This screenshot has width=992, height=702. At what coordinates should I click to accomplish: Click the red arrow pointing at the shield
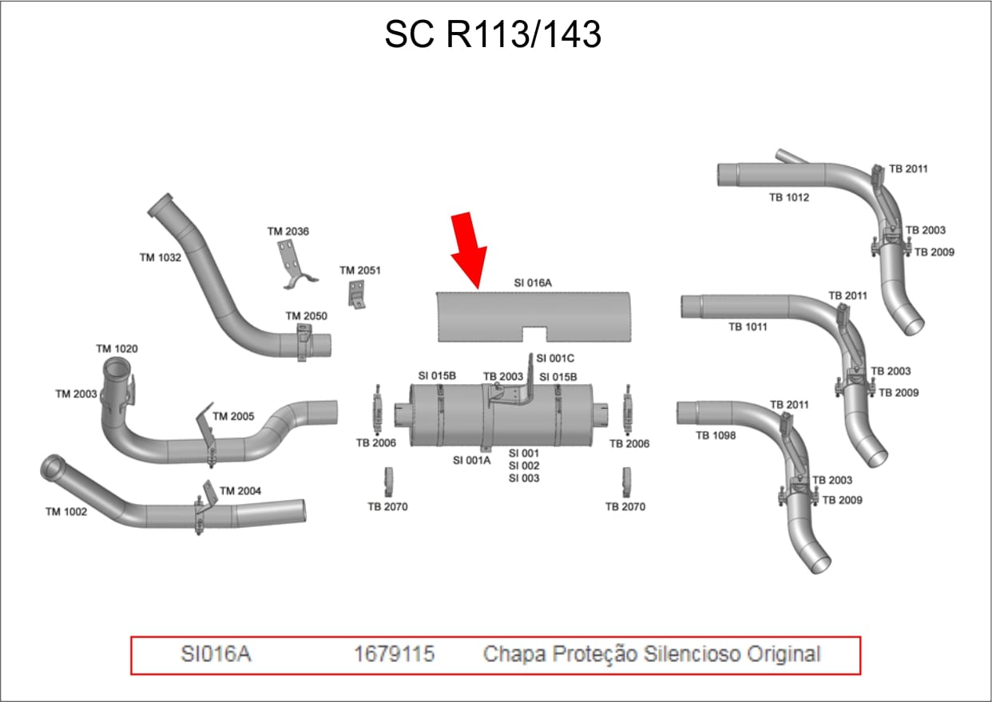[x=470, y=250]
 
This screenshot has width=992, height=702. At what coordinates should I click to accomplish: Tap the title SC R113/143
[x=493, y=34]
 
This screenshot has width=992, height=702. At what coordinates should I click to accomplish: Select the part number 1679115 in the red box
[x=394, y=654]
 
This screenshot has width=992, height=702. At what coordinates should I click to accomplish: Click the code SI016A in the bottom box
[x=216, y=654]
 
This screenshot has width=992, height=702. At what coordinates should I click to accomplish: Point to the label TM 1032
[x=161, y=257]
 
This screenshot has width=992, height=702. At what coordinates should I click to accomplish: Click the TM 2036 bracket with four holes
[x=295, y=264]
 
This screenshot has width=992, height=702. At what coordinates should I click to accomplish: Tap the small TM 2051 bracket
[x=356, y=294]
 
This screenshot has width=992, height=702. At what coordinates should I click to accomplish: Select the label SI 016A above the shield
[x=533, y=283]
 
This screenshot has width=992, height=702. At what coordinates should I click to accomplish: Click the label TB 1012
[x=789, y=197]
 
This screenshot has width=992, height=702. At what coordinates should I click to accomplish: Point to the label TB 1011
[x=748, y=327]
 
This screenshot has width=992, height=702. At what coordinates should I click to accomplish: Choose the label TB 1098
[x=716, y=435]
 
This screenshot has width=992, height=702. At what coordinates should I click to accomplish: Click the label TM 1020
[x=117, y=348]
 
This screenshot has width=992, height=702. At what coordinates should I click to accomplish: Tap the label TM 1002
[x=66, y=512]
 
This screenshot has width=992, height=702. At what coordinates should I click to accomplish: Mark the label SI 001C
[x=555, y=358]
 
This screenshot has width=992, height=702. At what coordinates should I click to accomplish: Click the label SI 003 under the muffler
[x=524, y=478]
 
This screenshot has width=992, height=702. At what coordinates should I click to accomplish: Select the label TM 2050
[x=307, y=315]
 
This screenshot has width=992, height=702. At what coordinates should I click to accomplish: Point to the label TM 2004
[x=240, y=490]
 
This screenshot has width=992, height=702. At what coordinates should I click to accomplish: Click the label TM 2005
[x=233, y=416]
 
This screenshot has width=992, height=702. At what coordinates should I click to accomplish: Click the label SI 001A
[x=472, y=461]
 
